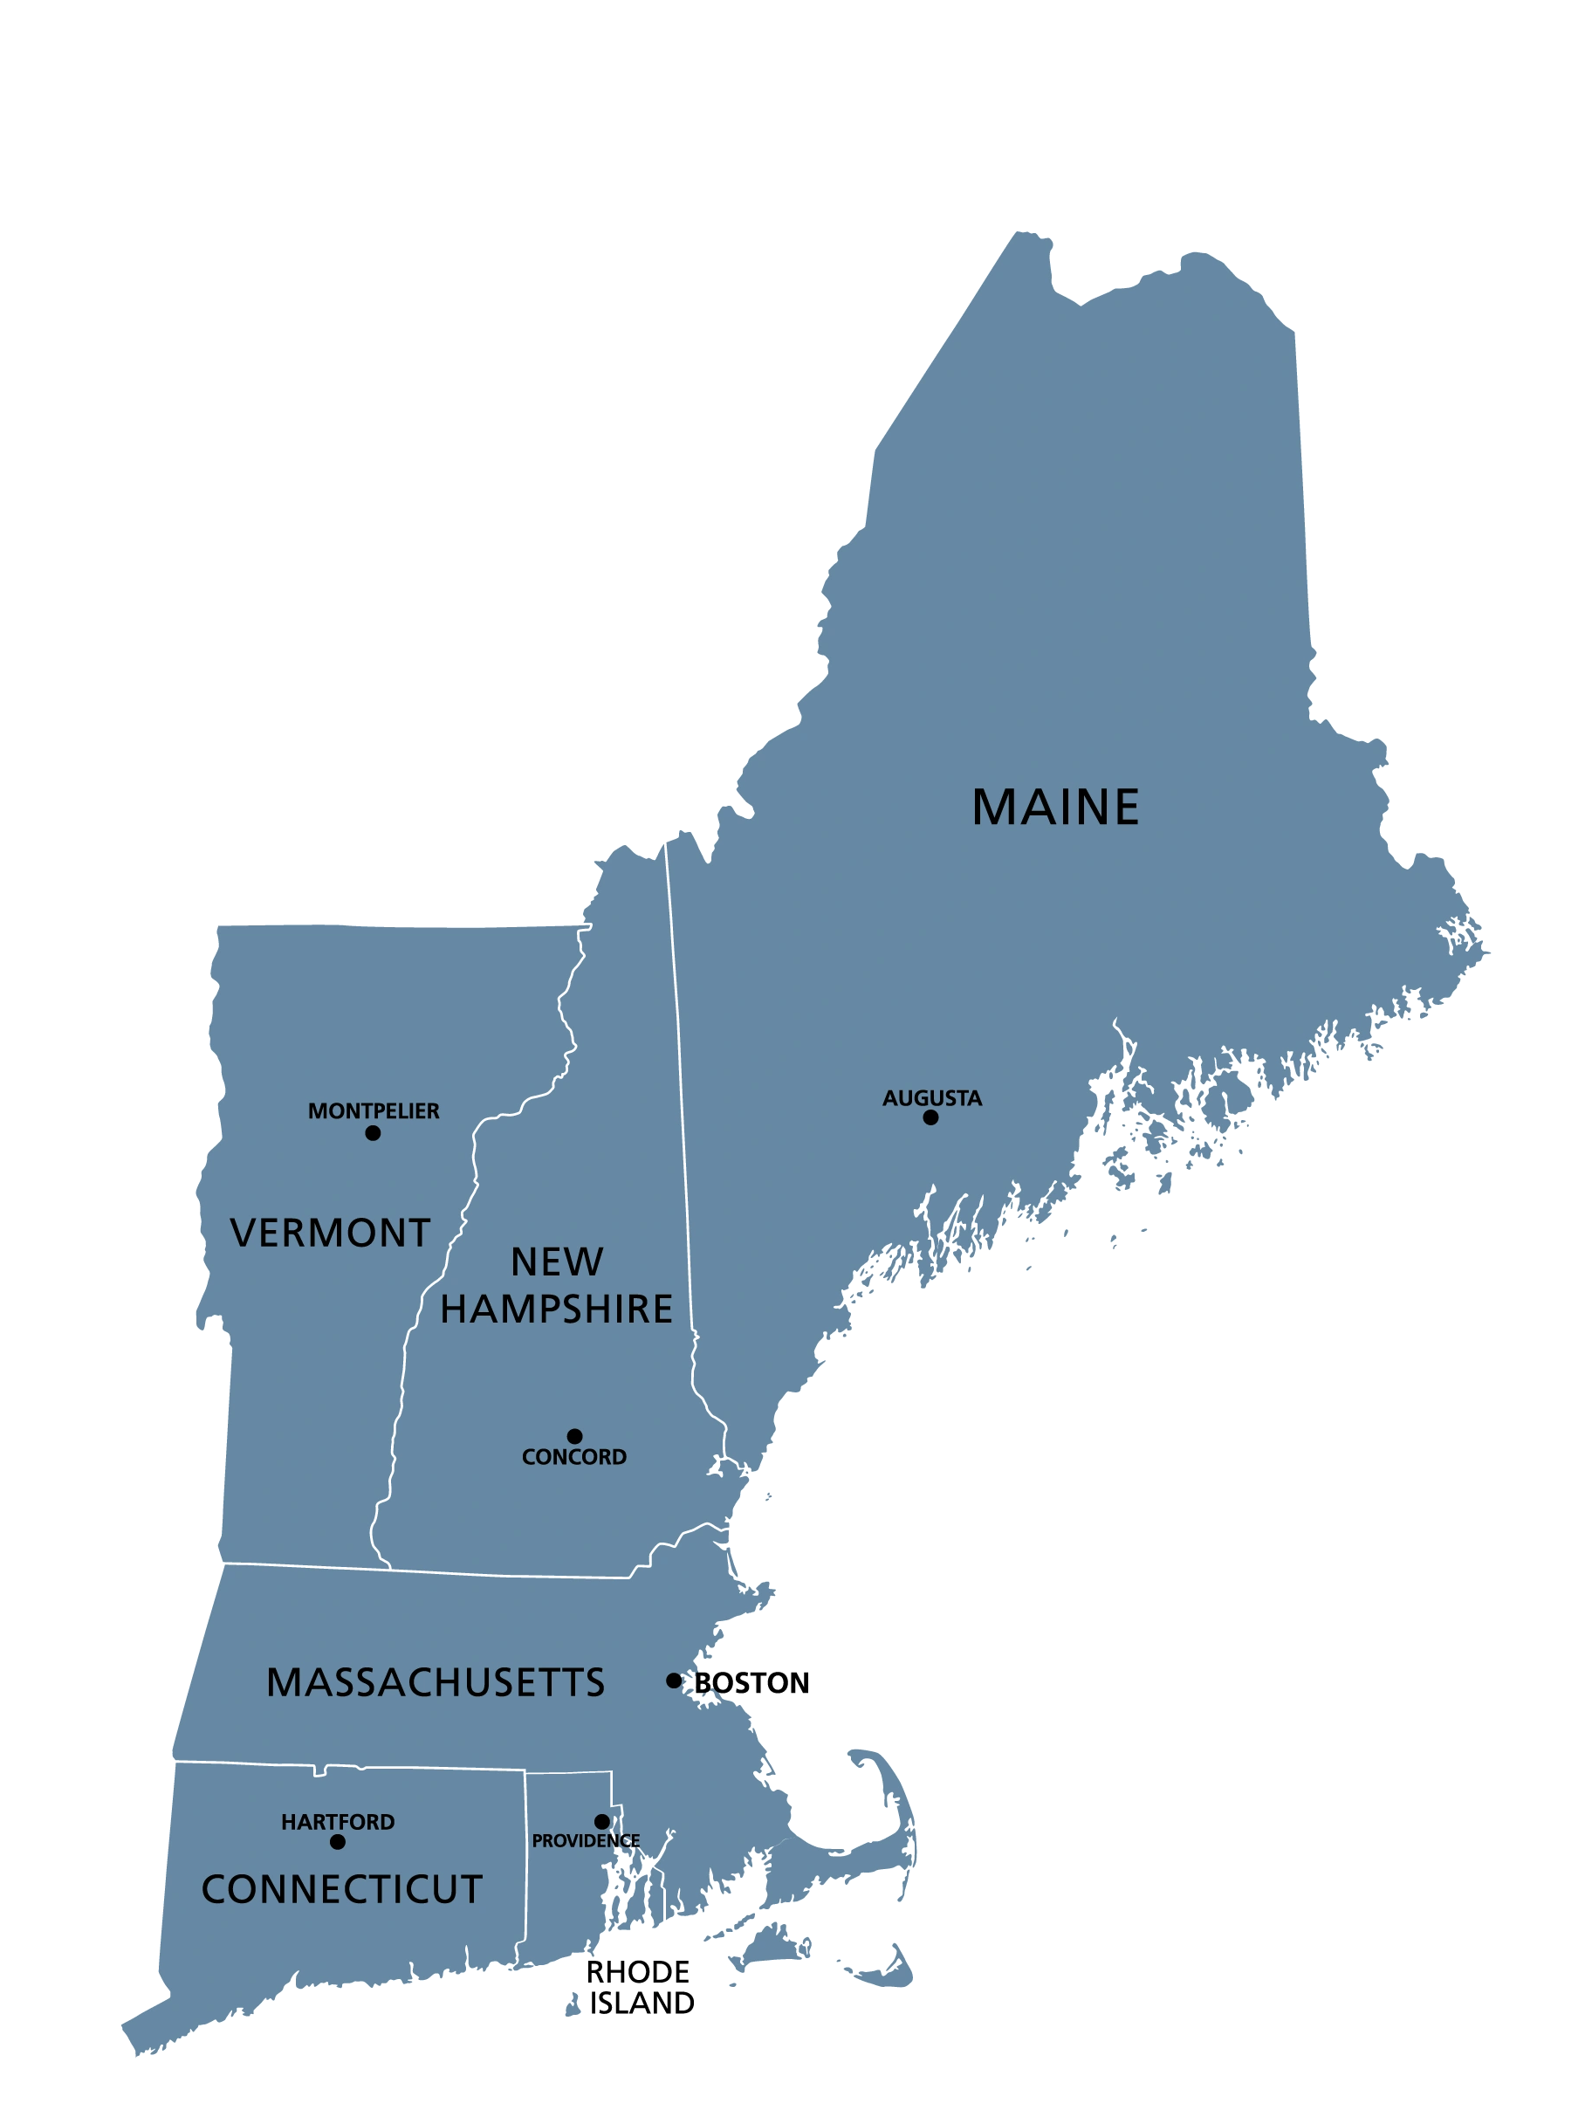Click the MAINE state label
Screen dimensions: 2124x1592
pyautogui.click(x=1054, y=807)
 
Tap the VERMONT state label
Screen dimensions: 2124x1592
pyautogui.click(x=330, y=1233)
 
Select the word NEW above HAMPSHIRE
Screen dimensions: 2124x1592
pyautogui.click(x=557, y=1261)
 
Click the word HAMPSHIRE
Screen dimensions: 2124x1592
pyautogui.click(x=557, y=1309)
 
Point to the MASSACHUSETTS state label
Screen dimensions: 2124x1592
pyautogui.click(x=436, y=1682)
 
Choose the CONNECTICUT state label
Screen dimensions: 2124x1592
pyautogui.click(x=342, y=1889)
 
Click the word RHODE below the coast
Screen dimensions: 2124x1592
pyautogui.click(x=636, y=1971)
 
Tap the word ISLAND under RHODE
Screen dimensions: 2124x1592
pyautogui.click(x=642, y=2003)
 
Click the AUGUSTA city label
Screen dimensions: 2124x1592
pyautogui.click(x=931, y=1097)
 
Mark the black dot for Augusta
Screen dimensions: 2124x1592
pyautogui.click(x=930, y=1117)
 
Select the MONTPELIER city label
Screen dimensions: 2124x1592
pyautogui.click(x=374, y=1111)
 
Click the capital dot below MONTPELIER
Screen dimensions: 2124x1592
pyautogui.click(x=373, y=1133)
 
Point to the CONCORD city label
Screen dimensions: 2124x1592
pyautogui.click(x=574, y=1457)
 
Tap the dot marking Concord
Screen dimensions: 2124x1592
pyautogui.click(x=574, y=1436)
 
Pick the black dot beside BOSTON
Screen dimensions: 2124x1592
pyautogui.click(x=674, y=1681)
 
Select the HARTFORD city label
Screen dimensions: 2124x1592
pyautogui.click(x=338, y=1822)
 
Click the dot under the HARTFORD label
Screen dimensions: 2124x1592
pyautogui.click(x=337, y=1842)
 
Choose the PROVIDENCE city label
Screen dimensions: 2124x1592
pyautogui.click(x=586, y=1841)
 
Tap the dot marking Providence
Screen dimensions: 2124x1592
pyautogui.click(x=602, y=1822)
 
